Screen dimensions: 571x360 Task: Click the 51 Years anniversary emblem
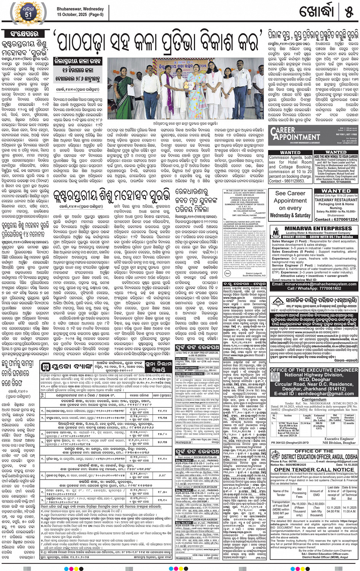click(x=28, y=12)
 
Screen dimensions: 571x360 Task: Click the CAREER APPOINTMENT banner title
click(x=295, y=133)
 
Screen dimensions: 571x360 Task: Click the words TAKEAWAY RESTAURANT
click(x=336, y=199)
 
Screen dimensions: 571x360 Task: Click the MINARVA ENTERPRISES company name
click(x=313, y=229)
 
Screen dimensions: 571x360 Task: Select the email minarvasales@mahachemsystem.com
click(x=314, y=284)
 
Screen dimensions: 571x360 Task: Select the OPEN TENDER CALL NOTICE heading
click(x=314, y=469)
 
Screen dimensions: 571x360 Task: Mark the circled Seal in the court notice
click(x=227, y=273)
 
